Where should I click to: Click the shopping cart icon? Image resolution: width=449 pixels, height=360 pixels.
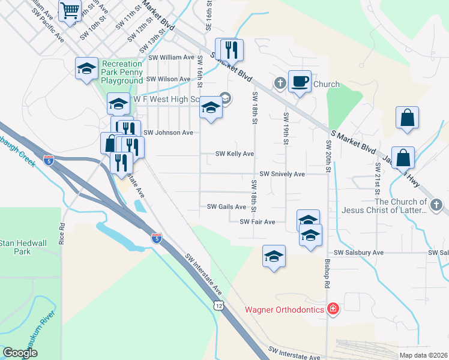point(70,10)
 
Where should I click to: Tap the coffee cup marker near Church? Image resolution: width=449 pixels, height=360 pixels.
point(300,81)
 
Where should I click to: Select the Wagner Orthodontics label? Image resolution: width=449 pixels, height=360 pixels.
point(284,310)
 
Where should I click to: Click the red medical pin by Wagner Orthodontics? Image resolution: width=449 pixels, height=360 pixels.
point(333,310)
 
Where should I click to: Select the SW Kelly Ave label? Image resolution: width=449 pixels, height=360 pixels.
point(235,154)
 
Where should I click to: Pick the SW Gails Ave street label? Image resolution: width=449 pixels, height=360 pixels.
point(226,207)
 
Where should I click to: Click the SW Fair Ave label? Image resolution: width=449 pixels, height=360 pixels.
point(257,222)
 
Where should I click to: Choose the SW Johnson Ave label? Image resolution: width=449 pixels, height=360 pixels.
point(168,133)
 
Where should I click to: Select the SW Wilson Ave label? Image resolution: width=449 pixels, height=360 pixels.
point(170,79)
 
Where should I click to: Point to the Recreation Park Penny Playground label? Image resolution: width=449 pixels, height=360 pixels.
point(122,72)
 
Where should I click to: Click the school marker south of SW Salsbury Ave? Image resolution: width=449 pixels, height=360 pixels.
point(274,257)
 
